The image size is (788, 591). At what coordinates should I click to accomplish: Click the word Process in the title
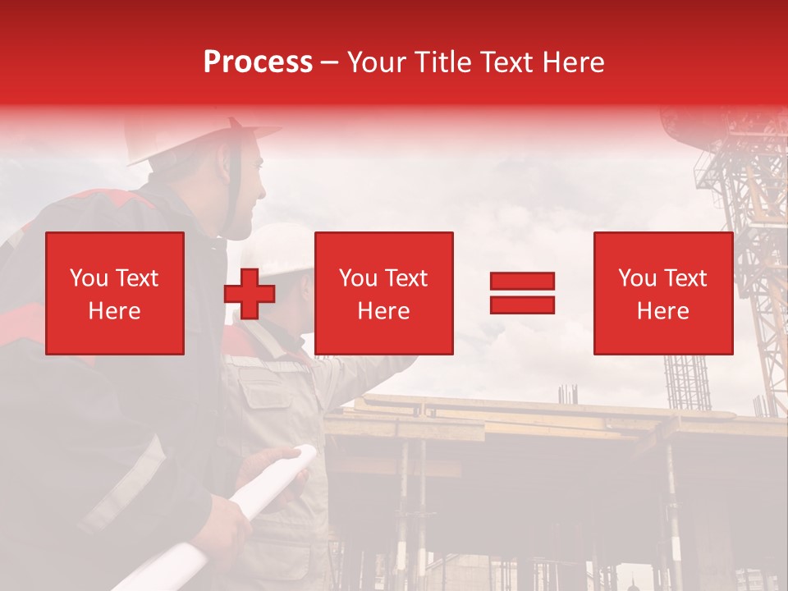(258, 62)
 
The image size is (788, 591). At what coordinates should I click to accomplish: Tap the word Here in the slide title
(574, 62)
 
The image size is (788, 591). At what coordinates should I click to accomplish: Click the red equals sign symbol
(522, 293)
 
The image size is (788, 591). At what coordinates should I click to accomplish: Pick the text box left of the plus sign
(115, 293)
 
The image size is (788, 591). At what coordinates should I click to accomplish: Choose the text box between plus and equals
(383, 293)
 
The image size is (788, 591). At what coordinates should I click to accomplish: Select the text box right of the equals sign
(662, 293)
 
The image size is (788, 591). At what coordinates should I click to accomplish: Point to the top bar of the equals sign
(522, 282)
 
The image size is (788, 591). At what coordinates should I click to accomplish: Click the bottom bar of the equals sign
(522, 305)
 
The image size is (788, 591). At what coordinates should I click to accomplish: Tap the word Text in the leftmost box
(136, 278)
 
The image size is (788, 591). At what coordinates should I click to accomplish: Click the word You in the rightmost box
(637, 278)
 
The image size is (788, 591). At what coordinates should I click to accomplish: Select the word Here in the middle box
(383, 311)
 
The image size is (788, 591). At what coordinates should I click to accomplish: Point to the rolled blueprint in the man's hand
(246, 509)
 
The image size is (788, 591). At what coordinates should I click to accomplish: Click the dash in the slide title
(329, 62)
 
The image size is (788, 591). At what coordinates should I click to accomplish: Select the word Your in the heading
(377, 62)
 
